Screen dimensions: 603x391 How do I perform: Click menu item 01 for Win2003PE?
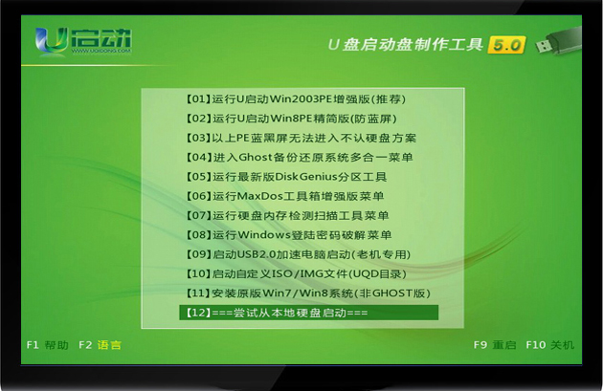pos(296,99)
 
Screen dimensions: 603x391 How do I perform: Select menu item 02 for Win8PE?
pos(291,119)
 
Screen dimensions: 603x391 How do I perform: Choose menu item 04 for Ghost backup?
pos(300,158)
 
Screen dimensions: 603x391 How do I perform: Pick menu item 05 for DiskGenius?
pos(286,177)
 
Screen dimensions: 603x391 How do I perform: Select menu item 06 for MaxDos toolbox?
pos(284,196)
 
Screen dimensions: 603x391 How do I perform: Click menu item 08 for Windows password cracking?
pos(288,235)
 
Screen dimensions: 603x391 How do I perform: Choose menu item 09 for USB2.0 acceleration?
pos(298,254)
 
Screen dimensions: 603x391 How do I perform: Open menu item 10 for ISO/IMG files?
pos(296,273)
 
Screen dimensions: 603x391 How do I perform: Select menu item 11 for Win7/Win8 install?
pos(307,293)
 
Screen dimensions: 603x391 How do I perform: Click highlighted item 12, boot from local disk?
pos(308,313)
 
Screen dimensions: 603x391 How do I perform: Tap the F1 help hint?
pos(47,345)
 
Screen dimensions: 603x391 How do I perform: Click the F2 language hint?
pos(100,345)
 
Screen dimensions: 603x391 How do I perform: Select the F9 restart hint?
pos(495,345)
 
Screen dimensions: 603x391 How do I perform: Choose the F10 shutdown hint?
pos(550,345)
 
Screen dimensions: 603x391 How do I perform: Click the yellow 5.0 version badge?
pos(506,45)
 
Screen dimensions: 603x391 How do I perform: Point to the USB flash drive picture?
pos(558,40)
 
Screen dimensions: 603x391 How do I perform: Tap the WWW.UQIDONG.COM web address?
pos(101,51)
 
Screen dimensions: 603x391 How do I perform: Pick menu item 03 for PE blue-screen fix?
pos(301,139)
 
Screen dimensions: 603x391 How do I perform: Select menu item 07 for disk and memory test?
pos(287,215)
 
